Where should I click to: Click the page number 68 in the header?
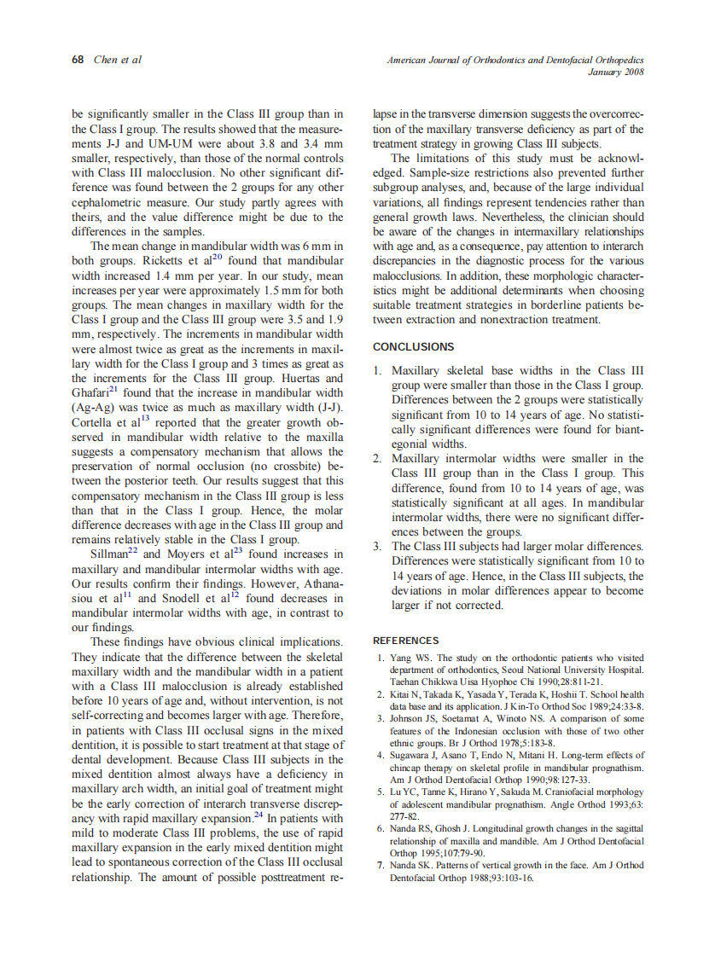[78, 60]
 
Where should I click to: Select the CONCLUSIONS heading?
[414, 347]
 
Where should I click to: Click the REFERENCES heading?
[406, 641]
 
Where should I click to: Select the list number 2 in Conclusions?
[378, 459]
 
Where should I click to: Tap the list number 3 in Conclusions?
[378, 547]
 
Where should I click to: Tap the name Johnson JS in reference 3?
[413, 718]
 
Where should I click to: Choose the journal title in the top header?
[515, 60]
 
